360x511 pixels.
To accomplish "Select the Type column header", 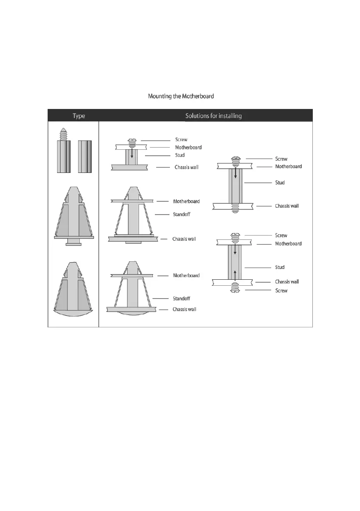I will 73,116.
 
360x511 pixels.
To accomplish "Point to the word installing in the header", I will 230,116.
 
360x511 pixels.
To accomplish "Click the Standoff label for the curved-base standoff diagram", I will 181,298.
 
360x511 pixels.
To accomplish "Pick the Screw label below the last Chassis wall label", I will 281,290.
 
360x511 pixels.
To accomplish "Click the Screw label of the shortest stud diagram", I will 181,139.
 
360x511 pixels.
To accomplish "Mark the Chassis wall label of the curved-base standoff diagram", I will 184,309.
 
